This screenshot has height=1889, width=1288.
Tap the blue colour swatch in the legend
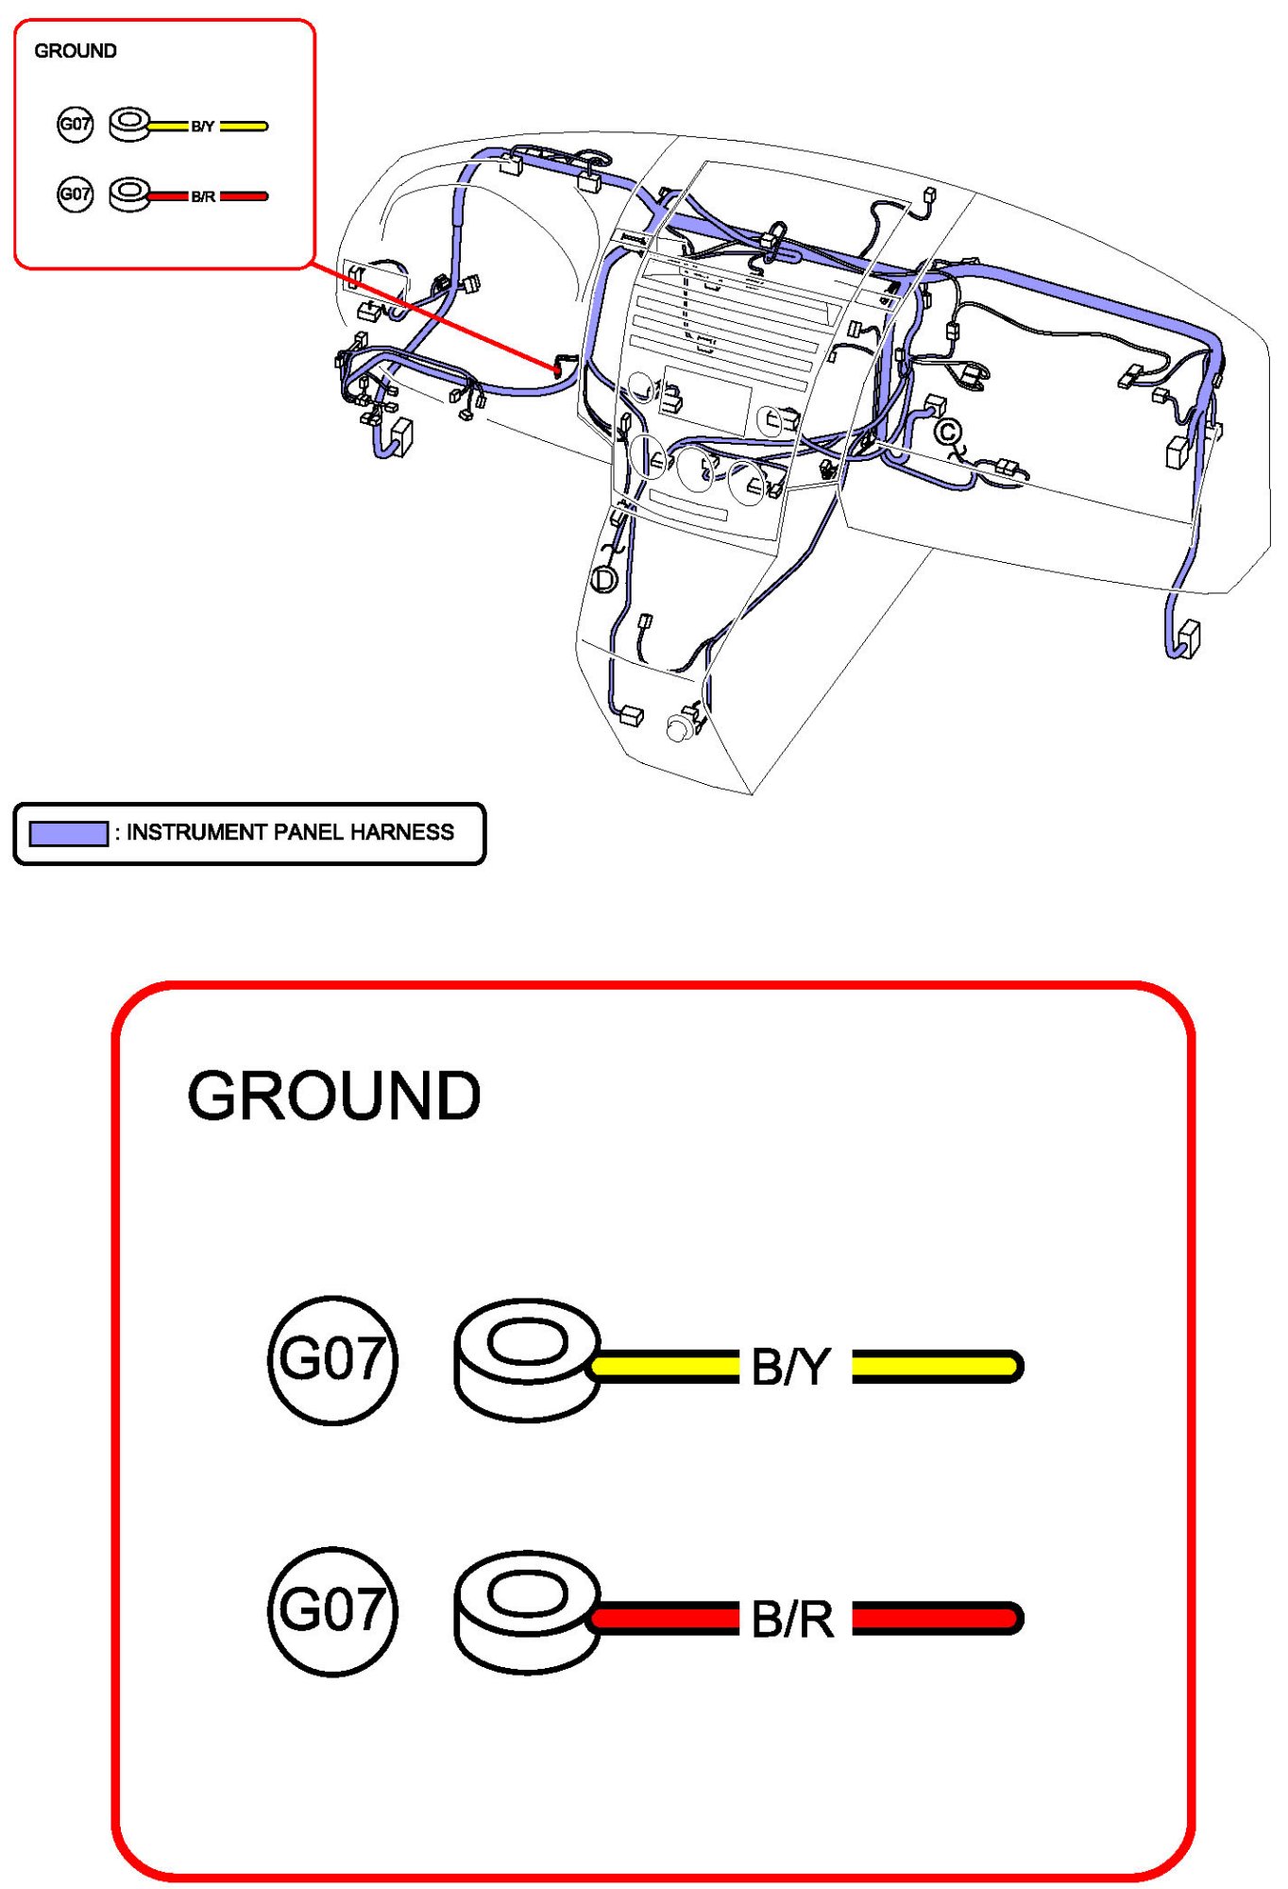coord(68,833)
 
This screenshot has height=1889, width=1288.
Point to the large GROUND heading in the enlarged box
coord(334,1097)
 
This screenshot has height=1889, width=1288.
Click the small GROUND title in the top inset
coord(76,51)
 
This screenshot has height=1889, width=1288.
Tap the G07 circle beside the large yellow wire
coord(332,1360)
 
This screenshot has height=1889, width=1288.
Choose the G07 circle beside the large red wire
coord(332,1611)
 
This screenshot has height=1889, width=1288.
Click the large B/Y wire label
coord(791,1367)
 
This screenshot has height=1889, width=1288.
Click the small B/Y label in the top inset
coord(203,127)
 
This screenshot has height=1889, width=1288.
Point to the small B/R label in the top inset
coord(203,196)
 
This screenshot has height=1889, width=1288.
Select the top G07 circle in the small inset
coord(76,124)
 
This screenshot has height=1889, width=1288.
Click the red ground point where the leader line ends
coord(557,370)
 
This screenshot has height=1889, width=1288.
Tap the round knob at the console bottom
coord(678,728)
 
